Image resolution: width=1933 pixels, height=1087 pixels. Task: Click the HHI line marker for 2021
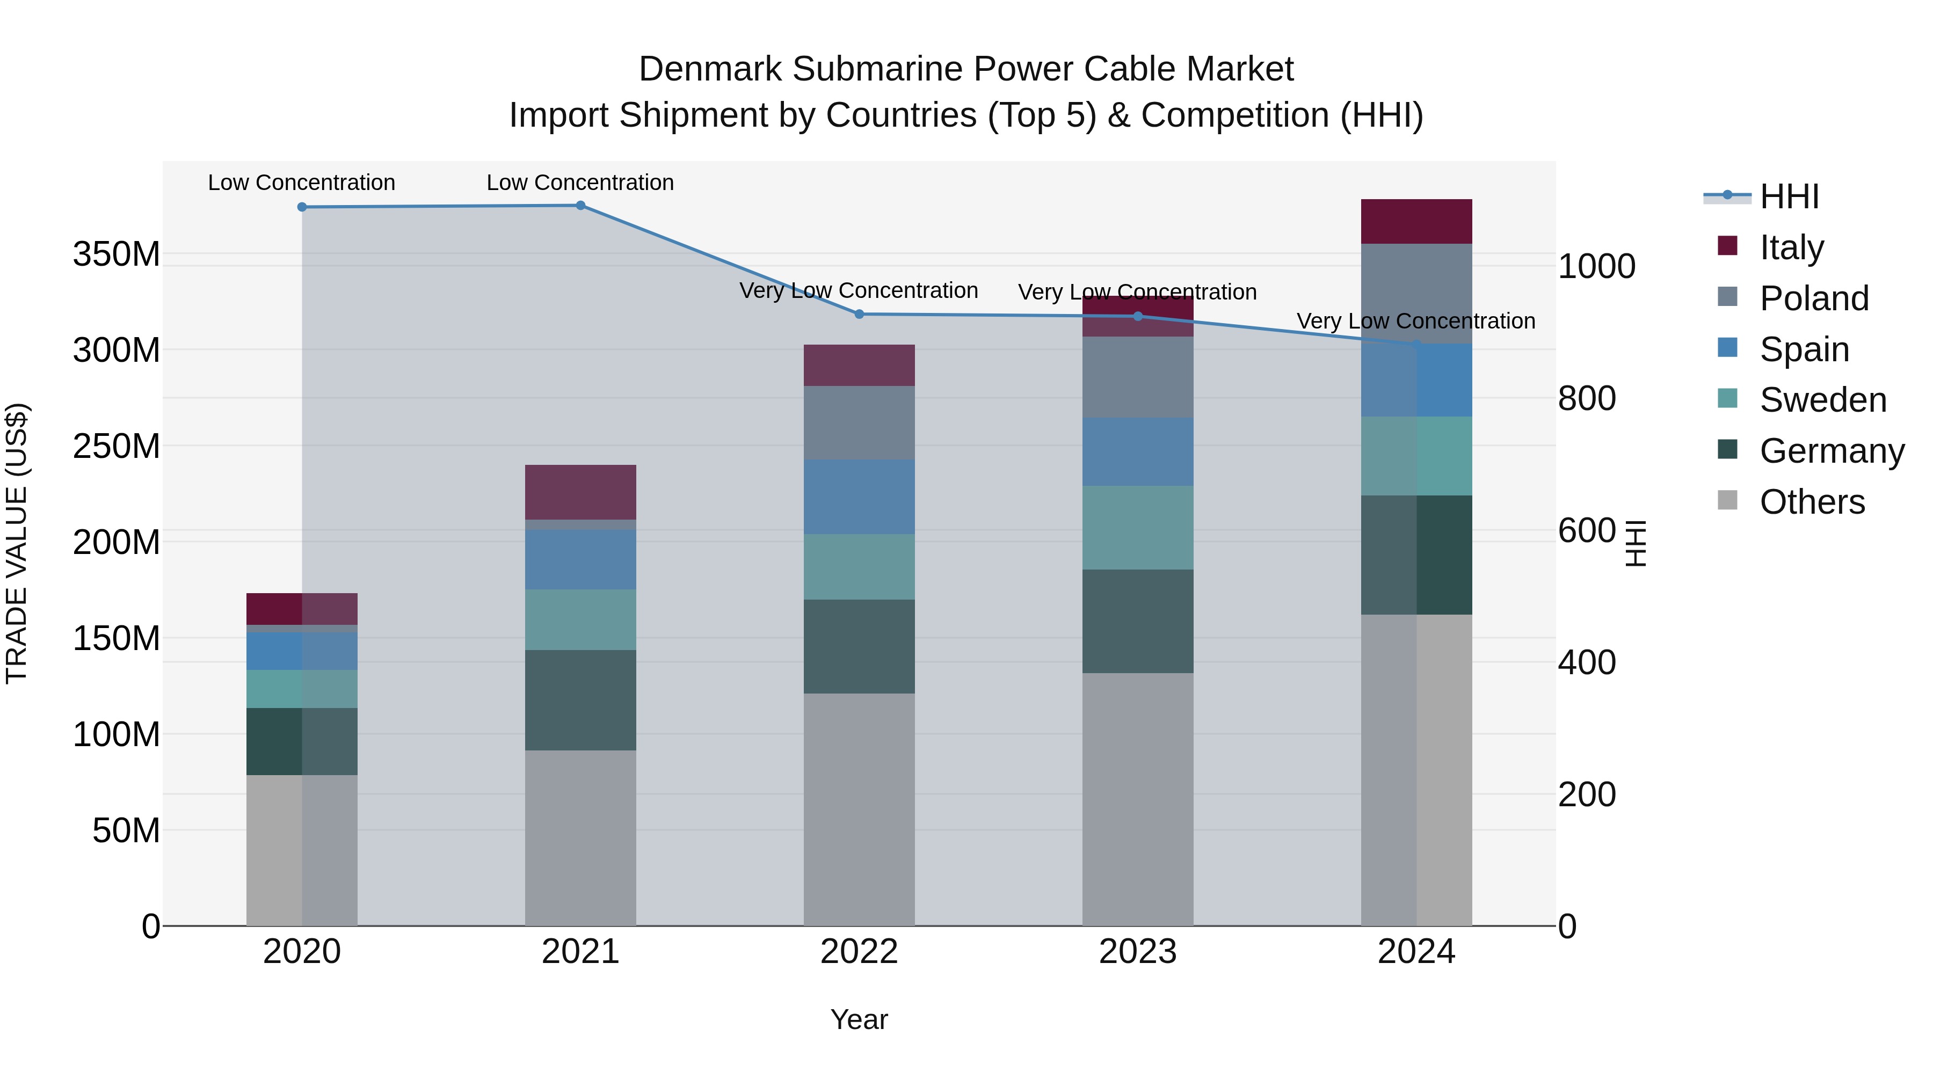580,206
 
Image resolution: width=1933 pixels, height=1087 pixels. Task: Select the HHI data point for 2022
859,315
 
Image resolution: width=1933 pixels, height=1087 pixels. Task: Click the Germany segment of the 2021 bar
580,700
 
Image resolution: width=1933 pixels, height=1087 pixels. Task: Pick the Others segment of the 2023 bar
1138,799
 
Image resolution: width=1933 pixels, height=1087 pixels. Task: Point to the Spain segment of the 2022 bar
859,497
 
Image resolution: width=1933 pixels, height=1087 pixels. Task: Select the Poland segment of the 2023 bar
1138,377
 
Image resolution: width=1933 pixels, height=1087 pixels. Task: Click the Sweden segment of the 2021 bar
580,619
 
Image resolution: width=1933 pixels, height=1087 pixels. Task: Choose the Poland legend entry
1814,298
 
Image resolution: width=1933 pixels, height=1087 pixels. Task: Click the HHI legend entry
1789,196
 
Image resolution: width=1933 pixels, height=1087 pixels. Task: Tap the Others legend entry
1812,502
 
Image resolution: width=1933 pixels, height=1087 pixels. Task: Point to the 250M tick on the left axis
117,447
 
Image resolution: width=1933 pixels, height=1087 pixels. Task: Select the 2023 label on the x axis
1138,952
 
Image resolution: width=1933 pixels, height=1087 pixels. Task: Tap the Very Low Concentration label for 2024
1415,321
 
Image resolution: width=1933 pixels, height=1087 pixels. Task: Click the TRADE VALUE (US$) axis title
17,543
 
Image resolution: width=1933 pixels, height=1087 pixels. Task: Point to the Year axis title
859,1019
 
